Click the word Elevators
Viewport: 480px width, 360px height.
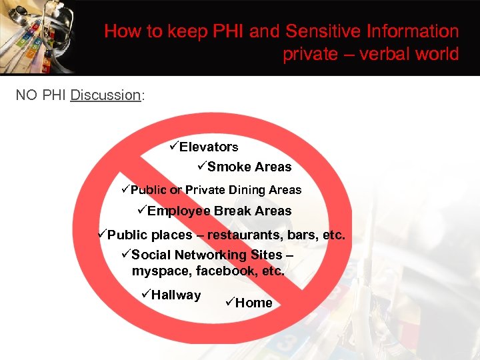point(208,147)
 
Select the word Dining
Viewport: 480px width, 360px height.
point(247,190)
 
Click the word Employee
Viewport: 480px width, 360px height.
point(179,211)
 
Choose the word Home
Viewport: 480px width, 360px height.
point(254,303)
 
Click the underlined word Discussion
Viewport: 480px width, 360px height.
point(105,95)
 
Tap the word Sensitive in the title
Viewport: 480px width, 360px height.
point(317,31)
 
